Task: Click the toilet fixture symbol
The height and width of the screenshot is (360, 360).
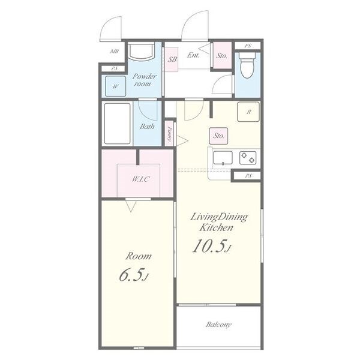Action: point(247,65)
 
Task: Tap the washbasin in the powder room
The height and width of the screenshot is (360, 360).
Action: point(141,51)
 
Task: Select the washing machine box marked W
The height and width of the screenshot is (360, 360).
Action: point(115,86)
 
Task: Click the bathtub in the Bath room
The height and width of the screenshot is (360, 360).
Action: point(118,123)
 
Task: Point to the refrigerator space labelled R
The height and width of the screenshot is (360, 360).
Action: point(248,112)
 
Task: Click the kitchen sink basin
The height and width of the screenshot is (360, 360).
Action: point(223,158)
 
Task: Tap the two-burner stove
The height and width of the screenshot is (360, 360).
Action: point(248,158)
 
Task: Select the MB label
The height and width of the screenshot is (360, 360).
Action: point(115,51)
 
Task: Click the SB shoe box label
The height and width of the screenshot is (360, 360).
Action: point(172,59)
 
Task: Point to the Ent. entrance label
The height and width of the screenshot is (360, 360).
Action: point(193,55)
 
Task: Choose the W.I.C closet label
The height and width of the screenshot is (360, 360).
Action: point(141,179)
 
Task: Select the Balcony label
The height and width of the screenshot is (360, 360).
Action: point(218,325)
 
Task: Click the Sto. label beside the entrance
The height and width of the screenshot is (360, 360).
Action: point(222,55)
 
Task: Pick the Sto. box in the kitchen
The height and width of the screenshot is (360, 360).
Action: point(218,136)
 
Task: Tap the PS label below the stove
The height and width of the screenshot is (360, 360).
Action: point(248,176)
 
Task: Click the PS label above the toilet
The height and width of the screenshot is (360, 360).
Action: point(247,46)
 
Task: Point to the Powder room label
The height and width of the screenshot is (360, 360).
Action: point(144,80)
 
